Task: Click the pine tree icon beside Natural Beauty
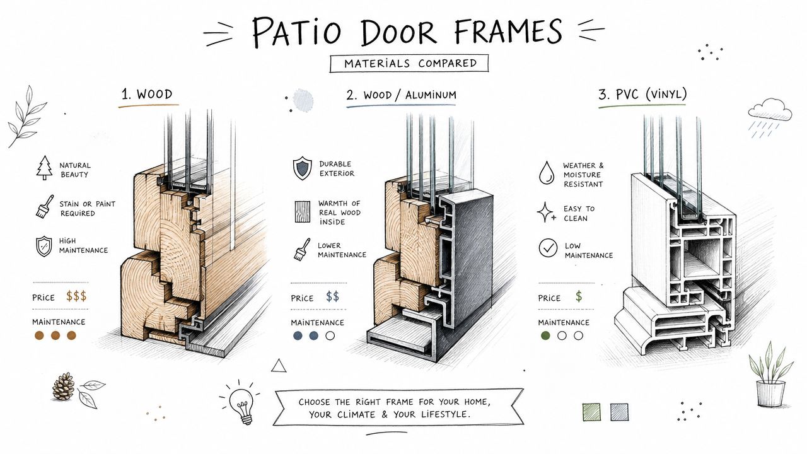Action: pos(44,168)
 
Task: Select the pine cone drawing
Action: pos(64,387)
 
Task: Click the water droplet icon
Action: pos(546,173)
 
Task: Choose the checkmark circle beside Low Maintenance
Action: pos(548,248)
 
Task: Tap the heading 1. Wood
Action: pos(147,95)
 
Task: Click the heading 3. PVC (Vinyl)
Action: pos(642,95)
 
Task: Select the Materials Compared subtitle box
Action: pos(409,64)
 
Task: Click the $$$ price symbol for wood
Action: pos(76,296)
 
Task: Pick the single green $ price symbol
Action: pos(579,296)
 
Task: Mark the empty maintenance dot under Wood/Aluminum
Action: pos(330,336)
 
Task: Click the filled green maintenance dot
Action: pos(545,336)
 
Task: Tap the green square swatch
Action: pos(591,412)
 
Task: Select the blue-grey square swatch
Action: pos(619,412)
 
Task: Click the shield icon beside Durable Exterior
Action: pos(302,168)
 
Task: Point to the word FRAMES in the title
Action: pos(508,32)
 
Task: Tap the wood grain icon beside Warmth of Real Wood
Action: pos(302,211)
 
